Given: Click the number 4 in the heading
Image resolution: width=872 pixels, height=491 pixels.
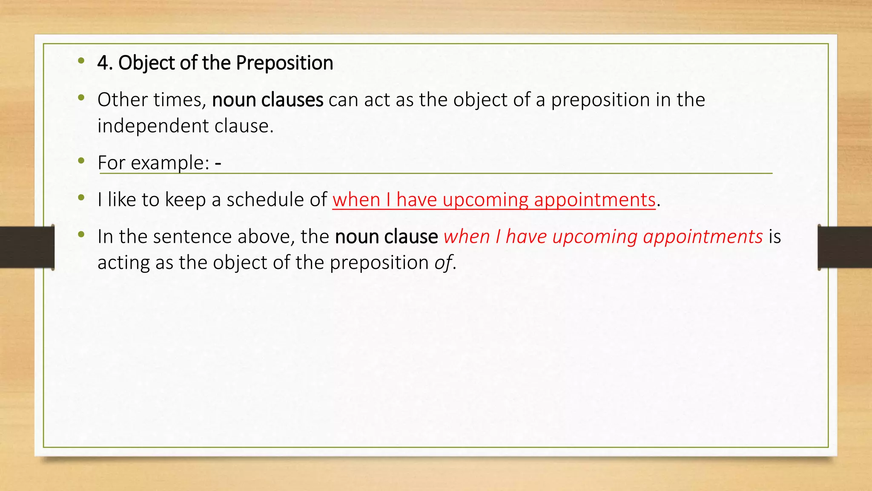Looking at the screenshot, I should pyautogui.click(x=102, y=63).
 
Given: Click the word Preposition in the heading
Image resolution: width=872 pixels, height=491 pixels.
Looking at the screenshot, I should pyautogui.click(x=284, y=63).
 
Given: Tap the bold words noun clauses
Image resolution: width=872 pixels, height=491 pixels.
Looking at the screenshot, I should pyautogui.click(x=267, y=100).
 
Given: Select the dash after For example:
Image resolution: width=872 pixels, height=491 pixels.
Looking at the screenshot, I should pyautogui.click(x=218, y=163).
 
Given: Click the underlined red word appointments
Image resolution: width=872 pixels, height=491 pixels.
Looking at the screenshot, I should pyautogui.click(x=594, y=199).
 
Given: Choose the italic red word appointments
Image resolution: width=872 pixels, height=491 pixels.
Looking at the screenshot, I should pyautogui.click(x=703, y=237).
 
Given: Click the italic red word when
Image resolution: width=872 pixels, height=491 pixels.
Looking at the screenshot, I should pyautogui.click(x=466, y=237).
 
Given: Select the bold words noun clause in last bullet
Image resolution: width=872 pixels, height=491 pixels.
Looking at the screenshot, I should pyautogui.click(x=386, y=237).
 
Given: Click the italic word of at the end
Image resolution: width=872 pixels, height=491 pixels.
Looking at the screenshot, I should pyautogui.click(x=443, y=263).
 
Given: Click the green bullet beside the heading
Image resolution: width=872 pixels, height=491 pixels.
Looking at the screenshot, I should pyautogui.click(x=81, y=61).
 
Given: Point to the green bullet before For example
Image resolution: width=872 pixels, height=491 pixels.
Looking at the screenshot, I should pyautogui.click(x=81, y=161).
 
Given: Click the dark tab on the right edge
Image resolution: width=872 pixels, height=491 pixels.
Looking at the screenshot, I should pyautogui.click(x=845, y=247).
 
